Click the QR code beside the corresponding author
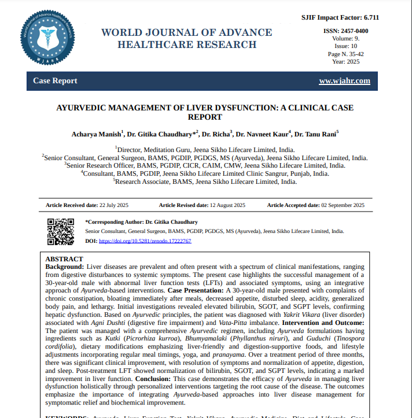pyautogui.click(x=60, y=231)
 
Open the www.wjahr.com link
pyautogui.click(x=344, y=81)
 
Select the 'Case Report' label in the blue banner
pyautogui.click(x=55, y=81)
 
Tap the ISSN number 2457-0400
pyautogui.click(x=354, y=31)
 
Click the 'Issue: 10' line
pyautogui.click(x=346, y=46)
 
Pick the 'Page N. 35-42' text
pyautogui.click(x=346, y=54)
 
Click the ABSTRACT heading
pyautogui.click(x=64, y=259)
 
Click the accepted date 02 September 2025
pyautogui.click(x=343, y=205)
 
